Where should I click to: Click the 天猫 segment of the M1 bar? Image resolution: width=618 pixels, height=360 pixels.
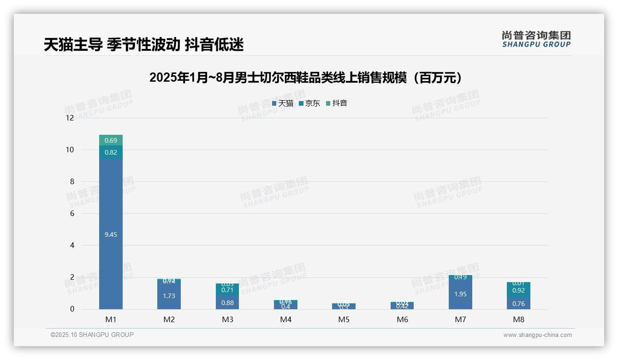tap(111, 234)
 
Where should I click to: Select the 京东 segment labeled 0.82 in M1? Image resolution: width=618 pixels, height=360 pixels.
tap(111, 152)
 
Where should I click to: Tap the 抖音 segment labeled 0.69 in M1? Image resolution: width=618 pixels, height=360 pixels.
tap(111, 140)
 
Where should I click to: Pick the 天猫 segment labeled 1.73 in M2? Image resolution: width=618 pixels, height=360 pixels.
tap(169, 296)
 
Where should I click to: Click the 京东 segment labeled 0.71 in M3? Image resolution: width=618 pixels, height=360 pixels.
tap(227, 290)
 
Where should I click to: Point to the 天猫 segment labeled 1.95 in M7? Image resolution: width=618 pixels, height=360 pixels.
tap(460, 294)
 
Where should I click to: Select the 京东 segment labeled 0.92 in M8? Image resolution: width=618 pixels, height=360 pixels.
tap(518, 290)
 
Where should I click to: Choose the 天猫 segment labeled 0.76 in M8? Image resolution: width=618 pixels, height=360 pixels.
tap(518, 303)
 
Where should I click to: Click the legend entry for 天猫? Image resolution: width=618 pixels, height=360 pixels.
tap(283, 103)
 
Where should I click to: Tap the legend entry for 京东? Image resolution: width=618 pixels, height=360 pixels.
tap(310, 103)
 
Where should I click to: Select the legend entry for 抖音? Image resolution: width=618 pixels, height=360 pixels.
tap(337, 103)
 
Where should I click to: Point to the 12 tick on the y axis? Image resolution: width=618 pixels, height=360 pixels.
tap(70, 118)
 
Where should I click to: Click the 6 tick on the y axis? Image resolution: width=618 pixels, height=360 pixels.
tap(72, 213)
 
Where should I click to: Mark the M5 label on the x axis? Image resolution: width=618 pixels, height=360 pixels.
tap(344, 319)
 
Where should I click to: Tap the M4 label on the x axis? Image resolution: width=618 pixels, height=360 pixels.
tap(285, 319)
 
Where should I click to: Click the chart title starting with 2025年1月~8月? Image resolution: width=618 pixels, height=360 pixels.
tap(306, 78)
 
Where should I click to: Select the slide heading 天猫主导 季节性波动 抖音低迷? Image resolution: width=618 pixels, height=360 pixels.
tap(143, 45)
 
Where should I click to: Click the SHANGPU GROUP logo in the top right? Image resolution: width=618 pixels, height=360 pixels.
tap(536, 39)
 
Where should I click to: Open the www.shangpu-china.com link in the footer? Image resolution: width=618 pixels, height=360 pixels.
tap(537, 335)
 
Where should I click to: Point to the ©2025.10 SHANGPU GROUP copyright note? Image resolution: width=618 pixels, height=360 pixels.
tap(92, 335)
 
